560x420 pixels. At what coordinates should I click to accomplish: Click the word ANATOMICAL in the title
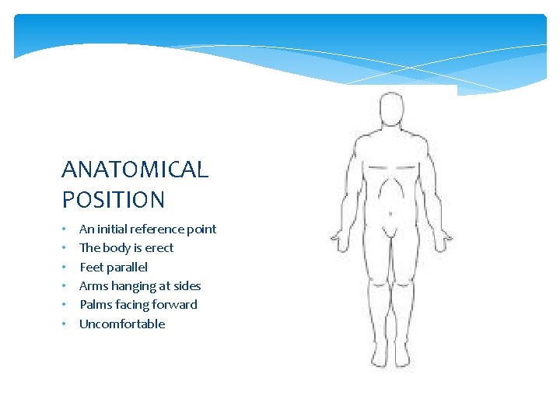click(x=135, y=170)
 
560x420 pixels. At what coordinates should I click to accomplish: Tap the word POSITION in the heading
click(x=114, y=200)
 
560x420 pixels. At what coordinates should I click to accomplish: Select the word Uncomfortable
click(x=122, y=324)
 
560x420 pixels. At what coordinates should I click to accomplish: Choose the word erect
click(x=159, y=248)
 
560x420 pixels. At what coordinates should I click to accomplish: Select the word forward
click(x=174, y=305)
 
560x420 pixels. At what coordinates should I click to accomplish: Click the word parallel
click(x=128, y=267)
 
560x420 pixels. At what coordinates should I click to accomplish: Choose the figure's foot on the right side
click(x=402, y=356)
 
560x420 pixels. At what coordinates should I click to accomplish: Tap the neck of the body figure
click(x=390, y=131)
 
